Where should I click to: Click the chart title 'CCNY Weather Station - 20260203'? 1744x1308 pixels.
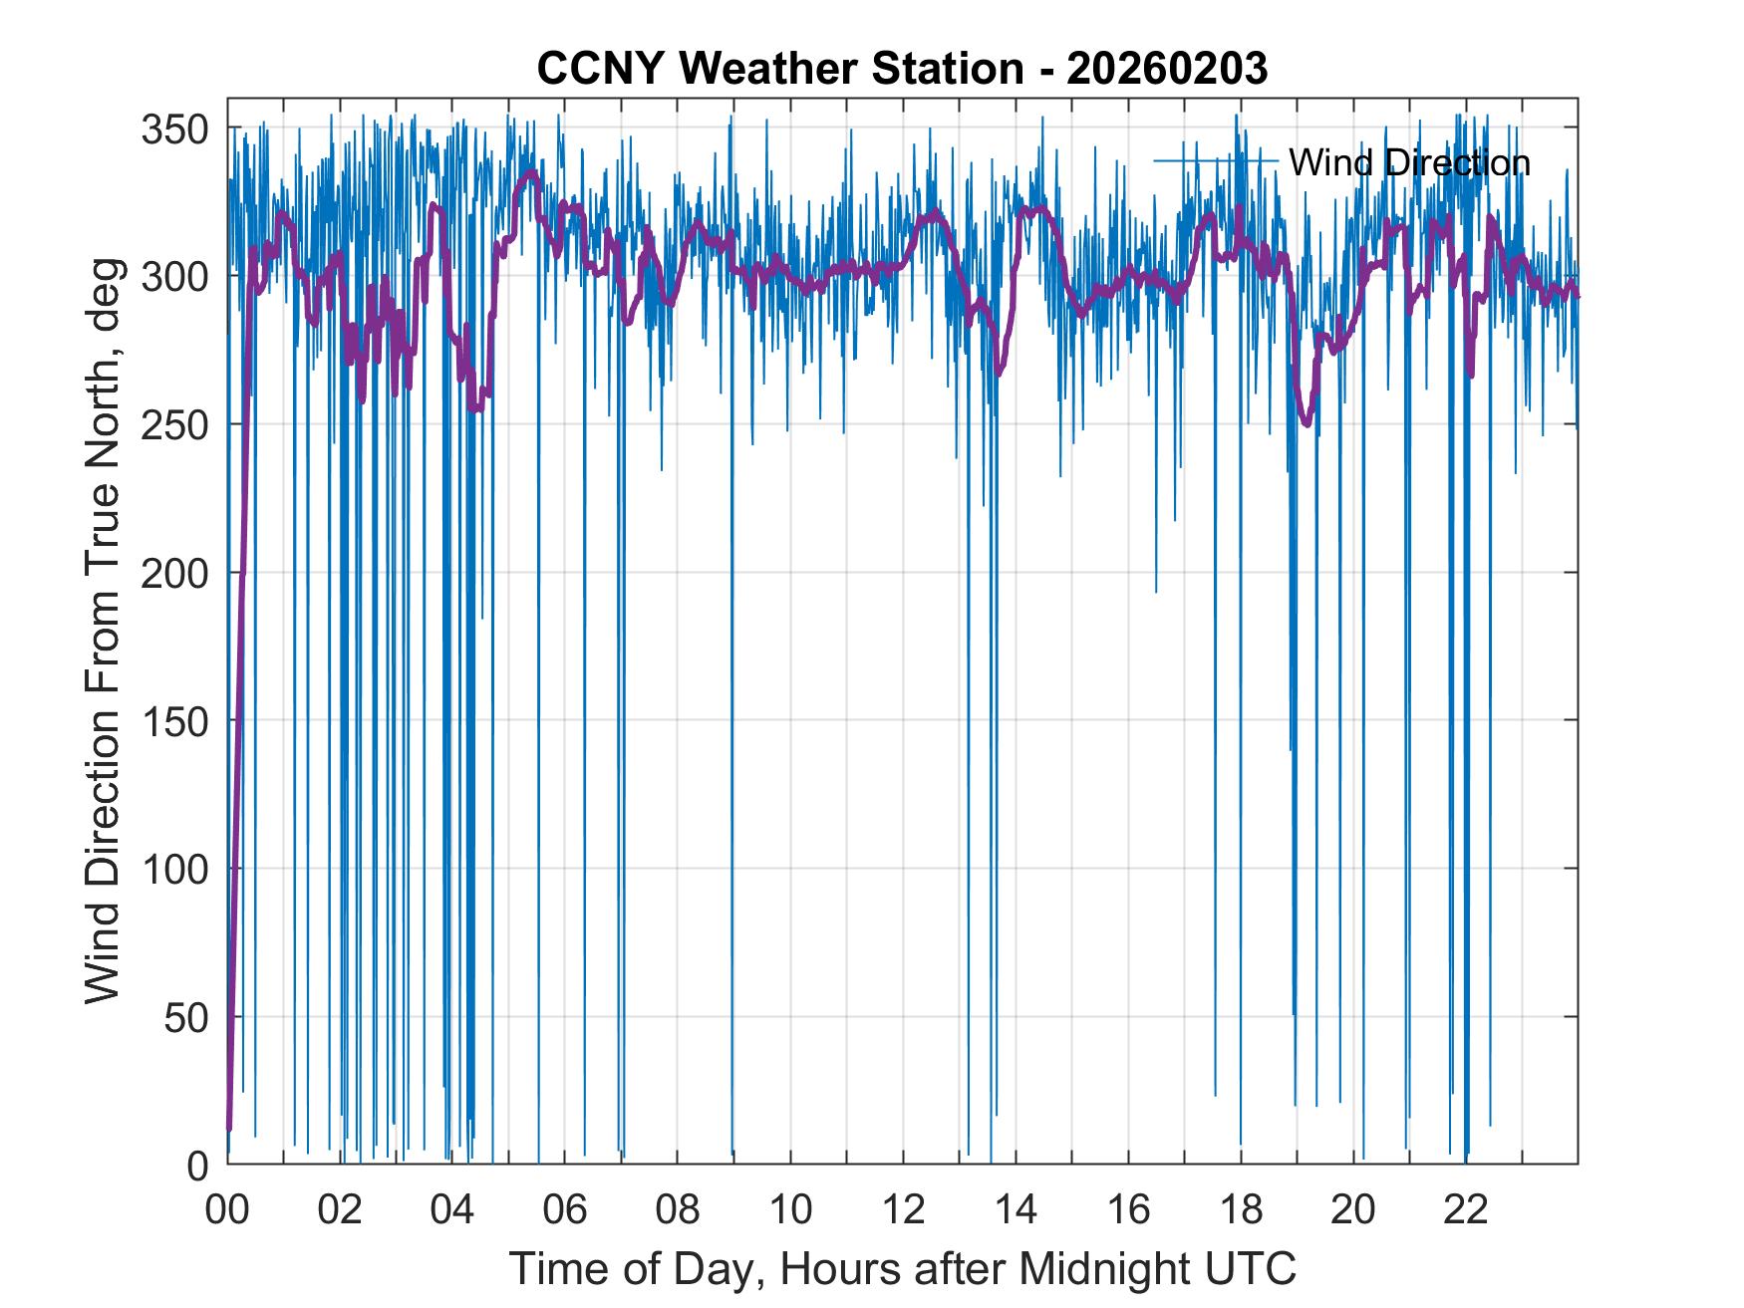coord(902,69)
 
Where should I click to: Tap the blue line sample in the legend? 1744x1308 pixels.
coord(1216,160)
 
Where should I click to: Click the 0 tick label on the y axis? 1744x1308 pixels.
coord(197,1165)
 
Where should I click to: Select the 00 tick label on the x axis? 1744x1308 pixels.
coord(227,1210)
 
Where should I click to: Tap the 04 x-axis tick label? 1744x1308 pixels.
coord(452,1210)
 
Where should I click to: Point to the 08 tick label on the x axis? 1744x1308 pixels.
coord(678,1210)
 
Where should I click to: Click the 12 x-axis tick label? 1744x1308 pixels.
coord(903,1210)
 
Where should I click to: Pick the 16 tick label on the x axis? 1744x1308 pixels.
coord(1128,1210)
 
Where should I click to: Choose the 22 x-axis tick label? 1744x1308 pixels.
coord(1466,1210)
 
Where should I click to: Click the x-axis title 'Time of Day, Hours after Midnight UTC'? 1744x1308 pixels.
coord(902,1269)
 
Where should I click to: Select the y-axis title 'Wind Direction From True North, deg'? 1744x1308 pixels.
coord(103,631)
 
